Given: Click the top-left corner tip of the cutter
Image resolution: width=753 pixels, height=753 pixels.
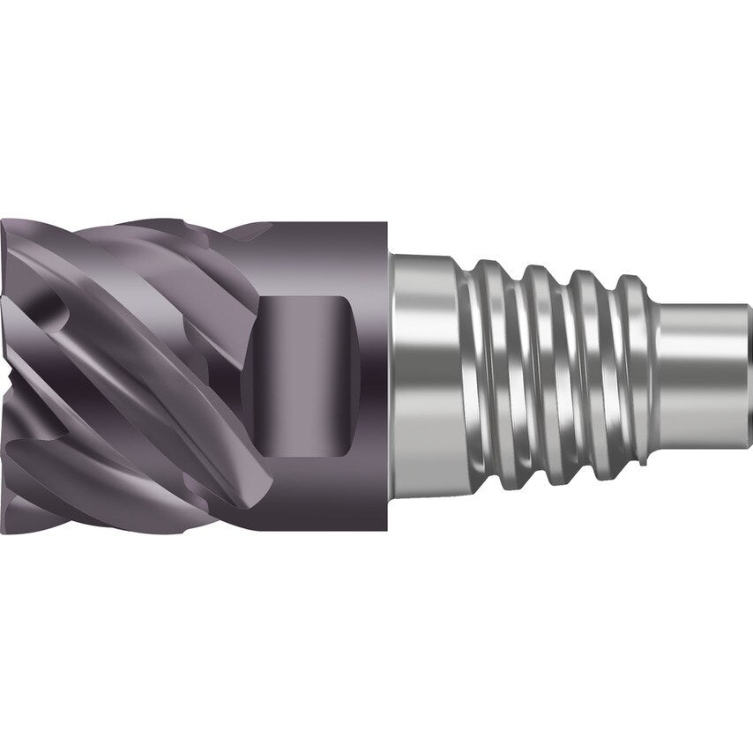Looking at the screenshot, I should coord(7,222).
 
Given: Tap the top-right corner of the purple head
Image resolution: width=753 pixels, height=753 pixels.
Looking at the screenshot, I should coord(387,224).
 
